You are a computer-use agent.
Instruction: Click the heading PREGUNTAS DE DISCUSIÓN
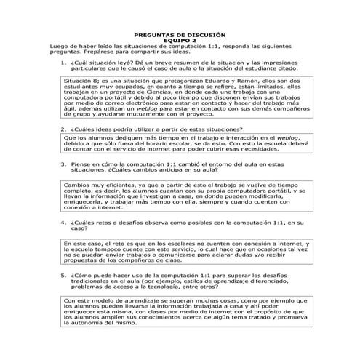tap(180, 35)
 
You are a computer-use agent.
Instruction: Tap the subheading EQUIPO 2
tap(180, 41)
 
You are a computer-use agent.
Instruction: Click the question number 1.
tap(64, 63)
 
